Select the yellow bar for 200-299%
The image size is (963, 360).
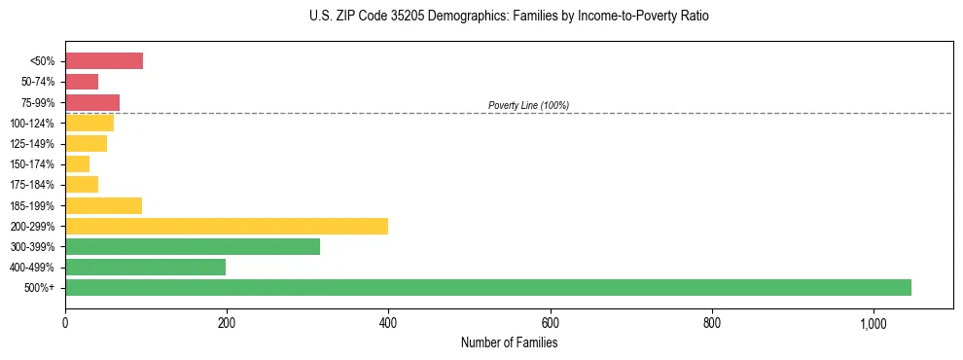point(227,226)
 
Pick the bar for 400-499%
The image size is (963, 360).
point(145,267)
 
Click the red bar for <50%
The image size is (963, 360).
point(104,61)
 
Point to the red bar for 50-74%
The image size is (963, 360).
point(82,82)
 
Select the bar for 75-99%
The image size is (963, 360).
point(92,102)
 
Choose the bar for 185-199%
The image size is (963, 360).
point(103,205)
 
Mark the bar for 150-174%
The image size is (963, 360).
point(77,164)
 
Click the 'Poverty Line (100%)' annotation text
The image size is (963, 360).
point(528,105)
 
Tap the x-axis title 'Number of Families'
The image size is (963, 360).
point(509,342)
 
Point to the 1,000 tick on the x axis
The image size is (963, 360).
point(873,322)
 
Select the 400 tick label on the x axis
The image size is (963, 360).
point(388,322)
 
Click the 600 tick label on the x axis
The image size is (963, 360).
point(550,322)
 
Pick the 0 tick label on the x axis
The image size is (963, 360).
point(65,322)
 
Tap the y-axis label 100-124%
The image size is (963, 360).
point(32,124)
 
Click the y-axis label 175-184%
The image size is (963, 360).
point(32,185)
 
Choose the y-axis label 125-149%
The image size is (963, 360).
point(32,144)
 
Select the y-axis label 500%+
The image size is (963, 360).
point(39,288)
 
